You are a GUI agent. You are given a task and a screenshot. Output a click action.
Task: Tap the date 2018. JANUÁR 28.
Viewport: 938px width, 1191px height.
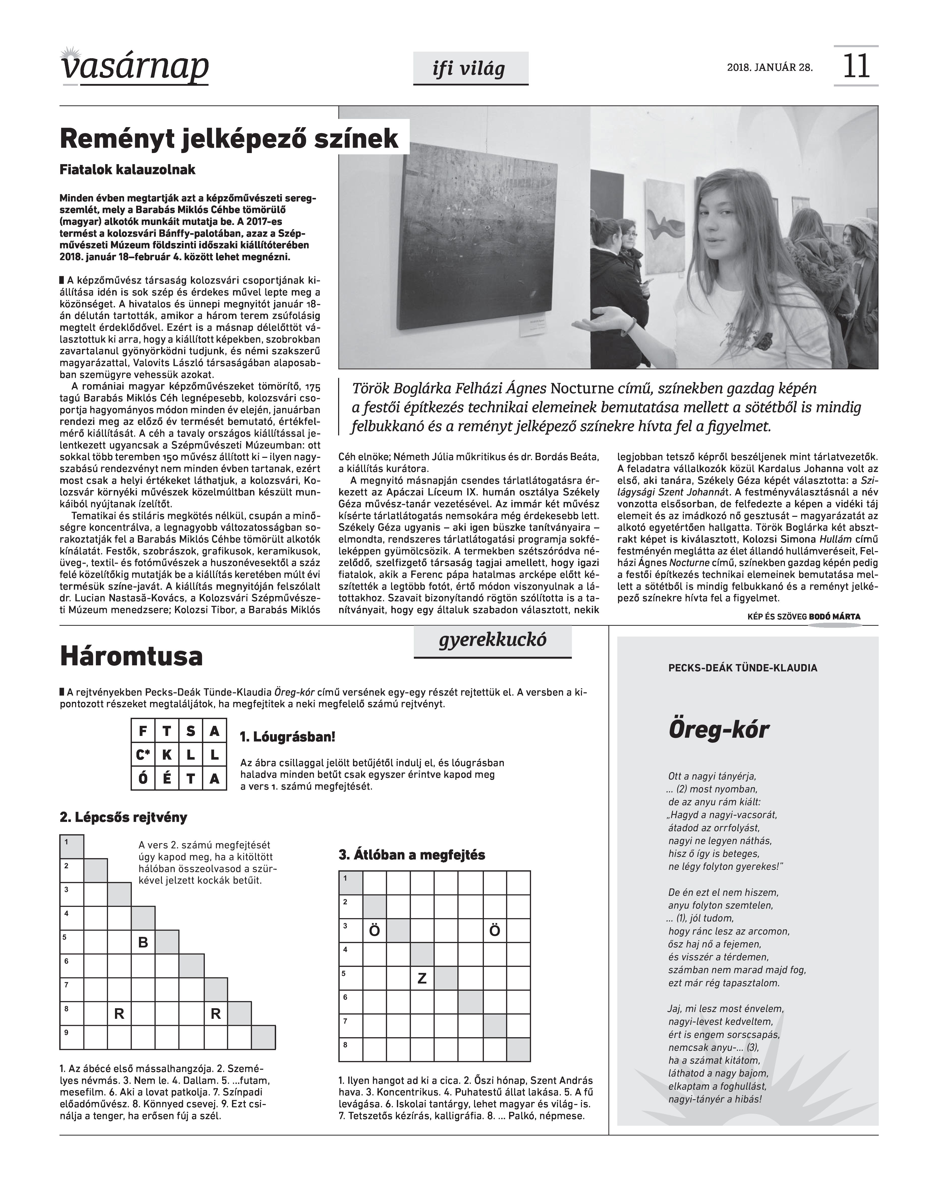(x=769, y=68)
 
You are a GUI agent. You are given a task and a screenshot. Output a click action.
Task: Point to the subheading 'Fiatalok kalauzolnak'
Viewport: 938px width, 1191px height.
(x=127, y=170)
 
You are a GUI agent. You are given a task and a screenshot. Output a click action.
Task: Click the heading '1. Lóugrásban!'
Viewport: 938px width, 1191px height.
(x=287, y=737)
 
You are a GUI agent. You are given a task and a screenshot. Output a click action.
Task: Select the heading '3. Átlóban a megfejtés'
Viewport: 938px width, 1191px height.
(x=412, y=855)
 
